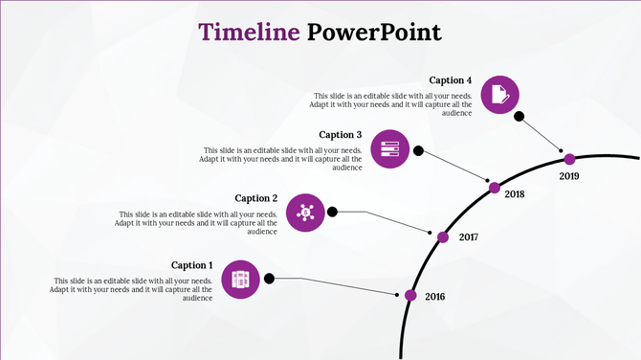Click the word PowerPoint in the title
(375, 32)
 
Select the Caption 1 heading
(192, 265)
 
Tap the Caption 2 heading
(256, 198)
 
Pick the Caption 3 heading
(341, 135)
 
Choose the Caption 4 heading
(451, 80)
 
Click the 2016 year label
(435, 297)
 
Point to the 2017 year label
(469, 236)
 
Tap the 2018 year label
(515, 194)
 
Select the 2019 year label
(569, 176)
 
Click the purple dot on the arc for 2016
(410, 295)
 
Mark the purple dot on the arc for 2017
(443, 236)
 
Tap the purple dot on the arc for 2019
(569, 159)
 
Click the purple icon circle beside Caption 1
(241, 279)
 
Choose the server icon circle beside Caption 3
(389, 149)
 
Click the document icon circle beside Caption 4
(499, 94)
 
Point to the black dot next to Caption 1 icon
(270, 279)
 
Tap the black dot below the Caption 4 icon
(519, 117)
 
